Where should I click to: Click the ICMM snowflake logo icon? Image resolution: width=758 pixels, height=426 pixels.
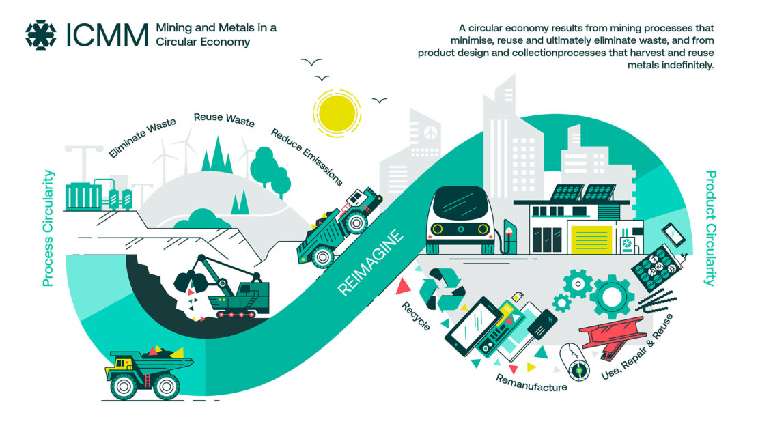[40, 35]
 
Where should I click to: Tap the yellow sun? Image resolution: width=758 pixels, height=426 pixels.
[337, 113]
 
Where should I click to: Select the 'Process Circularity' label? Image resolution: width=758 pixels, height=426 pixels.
[48, 228]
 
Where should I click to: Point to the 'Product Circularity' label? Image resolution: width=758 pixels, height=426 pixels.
[710, 228]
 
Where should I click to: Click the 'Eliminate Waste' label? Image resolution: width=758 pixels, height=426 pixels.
[142, 137]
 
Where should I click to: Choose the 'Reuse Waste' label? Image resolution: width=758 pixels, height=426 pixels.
[224, 119]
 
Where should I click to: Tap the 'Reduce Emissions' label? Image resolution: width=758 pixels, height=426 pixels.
[307, 157]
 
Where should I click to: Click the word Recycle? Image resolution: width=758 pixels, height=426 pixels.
[416, 316]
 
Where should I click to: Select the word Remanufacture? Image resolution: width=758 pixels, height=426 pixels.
[531, 383]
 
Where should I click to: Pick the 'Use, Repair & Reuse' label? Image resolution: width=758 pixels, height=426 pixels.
[637, 347]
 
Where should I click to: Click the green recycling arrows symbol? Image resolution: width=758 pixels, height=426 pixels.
[441, 289]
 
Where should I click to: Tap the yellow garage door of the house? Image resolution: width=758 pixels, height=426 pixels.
[591, 239]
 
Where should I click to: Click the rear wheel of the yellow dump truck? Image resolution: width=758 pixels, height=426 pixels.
[167, 386]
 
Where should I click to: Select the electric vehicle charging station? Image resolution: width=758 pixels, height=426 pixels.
[509, 236]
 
